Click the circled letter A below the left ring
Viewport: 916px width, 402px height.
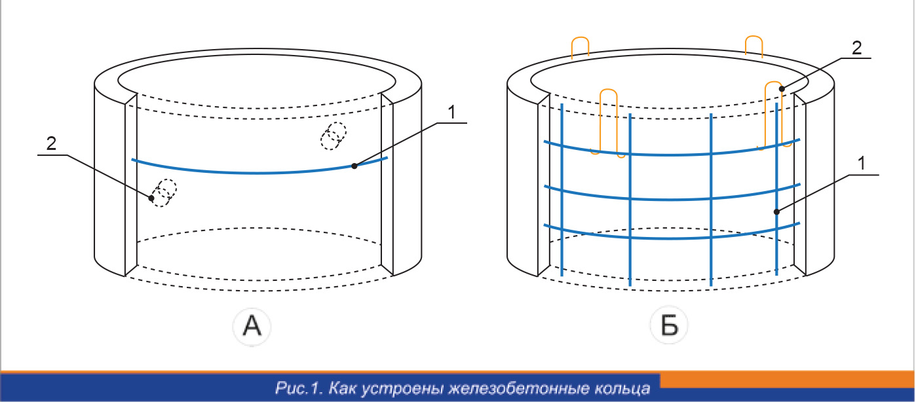pyautogui.click(x=252, y=327)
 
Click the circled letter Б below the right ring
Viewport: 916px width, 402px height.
pyautogui.click(x=669, y=325)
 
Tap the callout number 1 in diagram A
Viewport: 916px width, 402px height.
pyautogui.click(x=451, y=113)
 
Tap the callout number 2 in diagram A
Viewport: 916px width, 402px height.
pyautogui.click(x=51, y=143)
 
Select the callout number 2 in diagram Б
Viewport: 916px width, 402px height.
pyautogui.click(x=857, y=48)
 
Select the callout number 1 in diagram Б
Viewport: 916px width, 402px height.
pyautogui.click(x=862, y=164)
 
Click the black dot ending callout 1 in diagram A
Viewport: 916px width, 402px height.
pyautogui.click(x=354, y=166)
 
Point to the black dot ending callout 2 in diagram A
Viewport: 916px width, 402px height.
pyautogui.click(x=151, y=198)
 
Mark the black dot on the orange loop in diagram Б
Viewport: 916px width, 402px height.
pyautogui.click(x=782, y=88)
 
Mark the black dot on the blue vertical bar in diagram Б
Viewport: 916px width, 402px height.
pyautogui.click(x=776, y=211)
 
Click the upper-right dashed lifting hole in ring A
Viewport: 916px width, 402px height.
pyautogui.click(x=334, y=136)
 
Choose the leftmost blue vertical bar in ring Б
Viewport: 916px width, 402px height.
pyautogui.click(x=562, y=190)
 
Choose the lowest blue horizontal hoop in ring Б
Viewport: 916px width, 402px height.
pyautogui.click(x=672, y=238)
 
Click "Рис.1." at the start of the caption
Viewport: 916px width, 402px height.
pyautogui.click(x=299, y=388)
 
